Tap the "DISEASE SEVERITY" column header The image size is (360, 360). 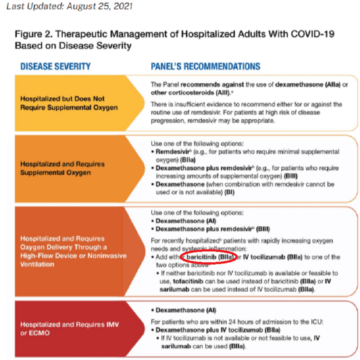point(55,66)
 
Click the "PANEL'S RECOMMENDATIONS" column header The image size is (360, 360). point(205,66)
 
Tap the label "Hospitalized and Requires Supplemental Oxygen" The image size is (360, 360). point(62,168)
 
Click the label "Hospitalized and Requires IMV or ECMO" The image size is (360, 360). point(69,329)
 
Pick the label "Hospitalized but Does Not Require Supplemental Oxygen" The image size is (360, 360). point(69,103)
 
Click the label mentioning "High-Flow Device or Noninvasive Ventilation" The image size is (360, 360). point(73,251)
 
